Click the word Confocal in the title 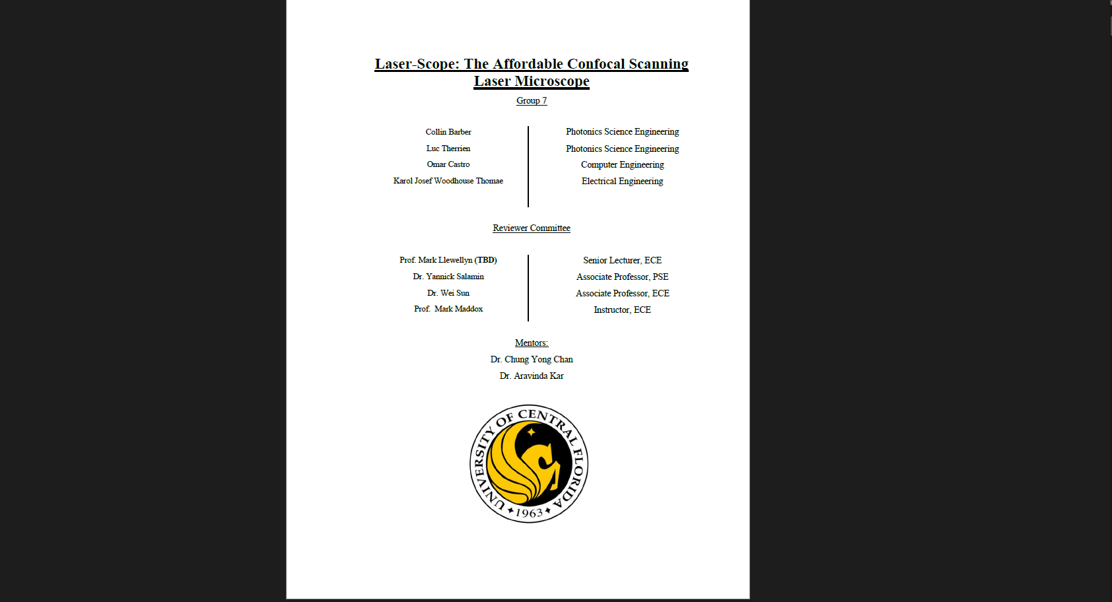596,64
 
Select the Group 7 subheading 532,101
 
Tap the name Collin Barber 448,132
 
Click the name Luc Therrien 448,149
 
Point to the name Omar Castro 448,164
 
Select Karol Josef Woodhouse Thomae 448,181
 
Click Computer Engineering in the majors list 623,165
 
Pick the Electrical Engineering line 623,181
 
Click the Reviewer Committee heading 532,228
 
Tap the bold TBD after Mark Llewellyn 485,260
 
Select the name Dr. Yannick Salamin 448,277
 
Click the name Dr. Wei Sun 448,293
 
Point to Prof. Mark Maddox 448,309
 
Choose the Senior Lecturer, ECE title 623,260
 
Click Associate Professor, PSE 623,277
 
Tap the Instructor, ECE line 623,310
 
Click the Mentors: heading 532,343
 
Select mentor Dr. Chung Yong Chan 532,359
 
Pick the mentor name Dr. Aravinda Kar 532,376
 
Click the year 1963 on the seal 529,513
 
